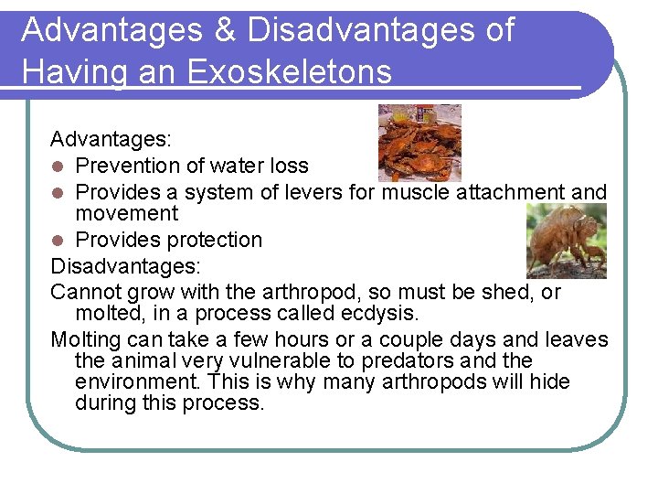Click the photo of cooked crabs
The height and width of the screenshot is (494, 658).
[419, 142]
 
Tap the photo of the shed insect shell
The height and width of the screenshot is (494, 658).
[566, 241]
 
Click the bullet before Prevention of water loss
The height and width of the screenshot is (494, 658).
[58, 166]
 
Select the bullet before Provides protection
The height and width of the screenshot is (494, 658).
[58, 241]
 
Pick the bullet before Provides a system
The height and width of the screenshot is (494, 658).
[58, 193]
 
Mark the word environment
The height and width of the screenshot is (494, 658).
[136, 382]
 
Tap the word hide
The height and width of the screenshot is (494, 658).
[548, 382]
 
